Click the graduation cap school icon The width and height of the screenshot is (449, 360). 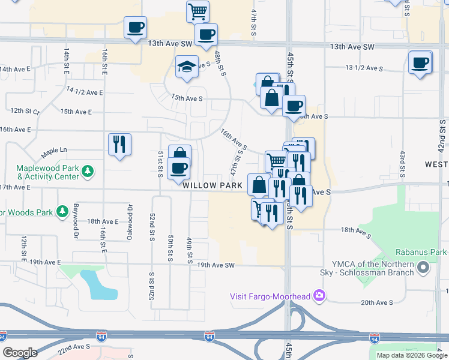187,66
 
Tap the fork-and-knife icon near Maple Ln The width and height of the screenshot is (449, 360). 119,144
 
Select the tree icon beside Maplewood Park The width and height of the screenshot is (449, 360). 88,172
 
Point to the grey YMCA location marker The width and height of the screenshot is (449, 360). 424,268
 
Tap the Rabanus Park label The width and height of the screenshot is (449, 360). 421,253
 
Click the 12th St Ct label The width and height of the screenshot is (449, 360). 24,111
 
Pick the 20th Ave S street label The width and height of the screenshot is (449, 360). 376,303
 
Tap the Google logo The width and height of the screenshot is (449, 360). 20,353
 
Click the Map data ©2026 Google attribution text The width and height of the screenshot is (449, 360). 411,355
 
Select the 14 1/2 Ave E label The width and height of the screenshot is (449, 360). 85,91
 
